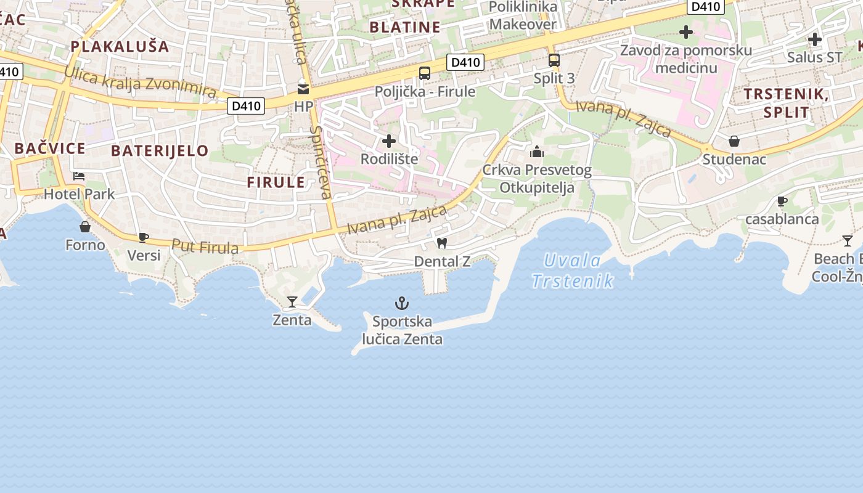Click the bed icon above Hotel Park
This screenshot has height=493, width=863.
coord(79,176)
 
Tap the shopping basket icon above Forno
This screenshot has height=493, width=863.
coord(85,227)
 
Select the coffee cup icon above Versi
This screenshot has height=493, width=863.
coord(144,237)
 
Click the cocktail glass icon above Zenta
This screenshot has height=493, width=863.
coord(292,302)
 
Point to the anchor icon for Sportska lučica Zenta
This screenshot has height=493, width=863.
coord(402,303)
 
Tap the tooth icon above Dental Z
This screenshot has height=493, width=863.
coord(441,243)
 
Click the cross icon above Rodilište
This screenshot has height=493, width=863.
coord(389,141)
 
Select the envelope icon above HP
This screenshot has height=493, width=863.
coord(303,89)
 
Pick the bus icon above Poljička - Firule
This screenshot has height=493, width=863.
coord(425,73)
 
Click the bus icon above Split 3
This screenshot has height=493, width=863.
coord(554,60)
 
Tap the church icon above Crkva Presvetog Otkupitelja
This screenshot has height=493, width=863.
coord(537,152)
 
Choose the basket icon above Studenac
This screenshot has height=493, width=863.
coord(734,141)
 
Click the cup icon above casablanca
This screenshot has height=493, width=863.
coord(782,201)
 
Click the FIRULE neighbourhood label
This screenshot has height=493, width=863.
coord(276,182)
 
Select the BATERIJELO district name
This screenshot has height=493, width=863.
coord(160,151)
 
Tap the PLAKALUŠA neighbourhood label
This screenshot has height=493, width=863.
coord(120,46)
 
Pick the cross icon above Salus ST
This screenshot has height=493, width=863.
coord(815,39)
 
